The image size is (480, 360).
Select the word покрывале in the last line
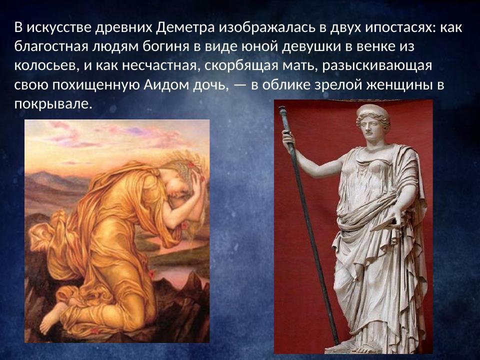(53, 104)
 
